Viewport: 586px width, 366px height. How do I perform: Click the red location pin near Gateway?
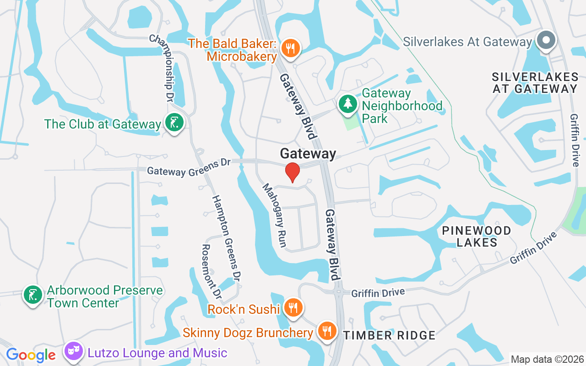(292, 172)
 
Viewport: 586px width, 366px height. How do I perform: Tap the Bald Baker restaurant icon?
(290, 48)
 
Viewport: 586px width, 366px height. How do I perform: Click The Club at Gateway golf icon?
(174, 122)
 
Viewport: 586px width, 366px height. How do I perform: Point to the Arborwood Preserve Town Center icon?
(33, 295)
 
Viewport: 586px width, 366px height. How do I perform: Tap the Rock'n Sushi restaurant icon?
(292, 308)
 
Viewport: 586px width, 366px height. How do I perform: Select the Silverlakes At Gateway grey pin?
(546, 40)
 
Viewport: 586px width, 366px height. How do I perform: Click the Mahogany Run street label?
(275, 215)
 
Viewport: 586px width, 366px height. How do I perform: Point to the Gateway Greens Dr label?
(189, 167)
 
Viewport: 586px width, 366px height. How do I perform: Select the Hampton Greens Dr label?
(227, 238)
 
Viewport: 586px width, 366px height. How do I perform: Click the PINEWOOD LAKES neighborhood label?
(477, 236)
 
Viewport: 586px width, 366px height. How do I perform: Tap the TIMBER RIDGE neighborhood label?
(389, 335)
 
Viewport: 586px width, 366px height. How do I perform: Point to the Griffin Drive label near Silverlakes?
(575, 140)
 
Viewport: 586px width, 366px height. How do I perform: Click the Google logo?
(31, 355)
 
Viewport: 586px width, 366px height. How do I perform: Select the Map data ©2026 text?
(547, 359)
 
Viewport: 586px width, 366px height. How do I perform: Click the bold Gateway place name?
(308, 154)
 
